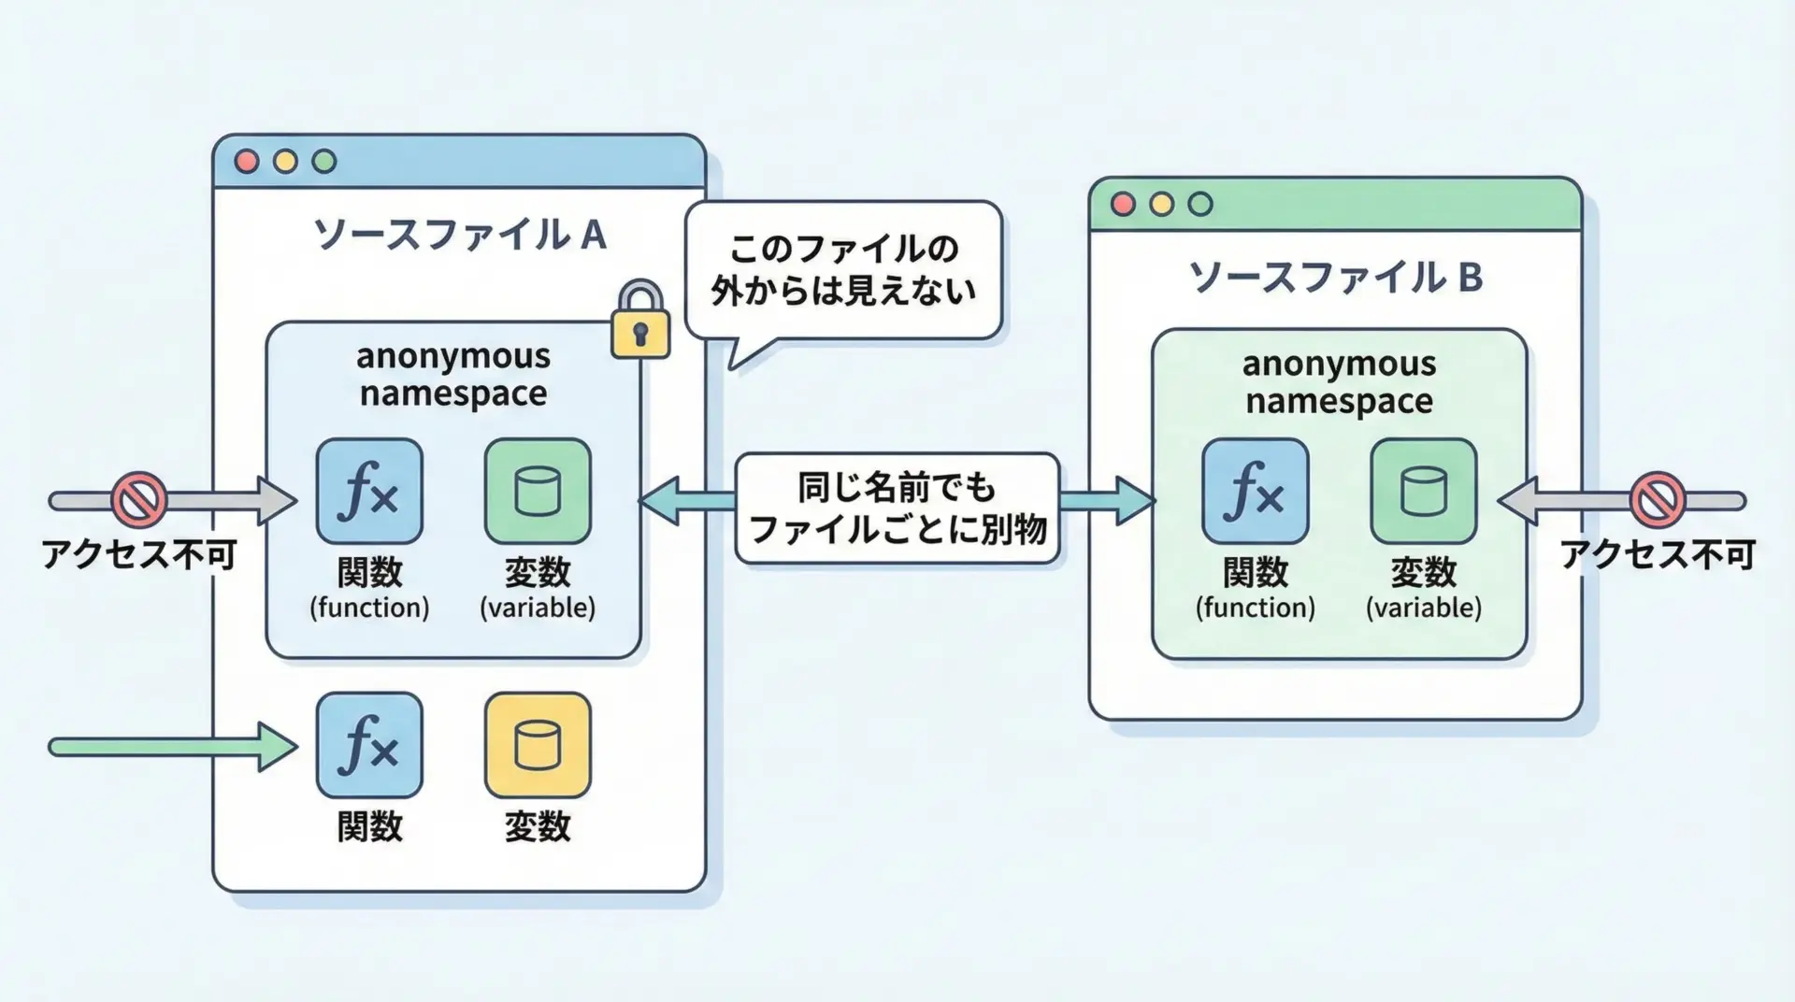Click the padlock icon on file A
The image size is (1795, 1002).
[x=640, y=322]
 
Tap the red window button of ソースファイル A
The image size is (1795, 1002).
[x=247, y=162]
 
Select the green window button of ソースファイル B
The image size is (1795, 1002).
[x=1200, y=204]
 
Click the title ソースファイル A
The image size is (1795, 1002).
[x=459, y=234]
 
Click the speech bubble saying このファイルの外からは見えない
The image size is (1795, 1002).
[x=843, y=270]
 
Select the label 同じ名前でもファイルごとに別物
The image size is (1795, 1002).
[x=897, y=508]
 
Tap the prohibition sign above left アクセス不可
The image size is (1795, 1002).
[x=139, y=499]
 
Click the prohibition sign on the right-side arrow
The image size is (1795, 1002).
[x=1658, y=499]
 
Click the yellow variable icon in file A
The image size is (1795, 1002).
[x=538, y=745]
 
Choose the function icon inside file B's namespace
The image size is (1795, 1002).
[x=1255, y=492]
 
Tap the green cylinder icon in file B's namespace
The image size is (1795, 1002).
[x=1423, y=492]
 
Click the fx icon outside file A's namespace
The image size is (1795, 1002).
[x=369, y=745]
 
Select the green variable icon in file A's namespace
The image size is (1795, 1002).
[x=538, y=492]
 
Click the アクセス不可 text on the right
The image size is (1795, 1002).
[x=1657, y=555]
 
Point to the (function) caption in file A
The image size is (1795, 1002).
[x=369, y=608]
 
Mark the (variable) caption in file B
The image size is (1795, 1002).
[x=1423, y=608]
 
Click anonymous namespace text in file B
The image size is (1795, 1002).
[x=1339, y=382]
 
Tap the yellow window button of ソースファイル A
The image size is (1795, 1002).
[x=285, y=162]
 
